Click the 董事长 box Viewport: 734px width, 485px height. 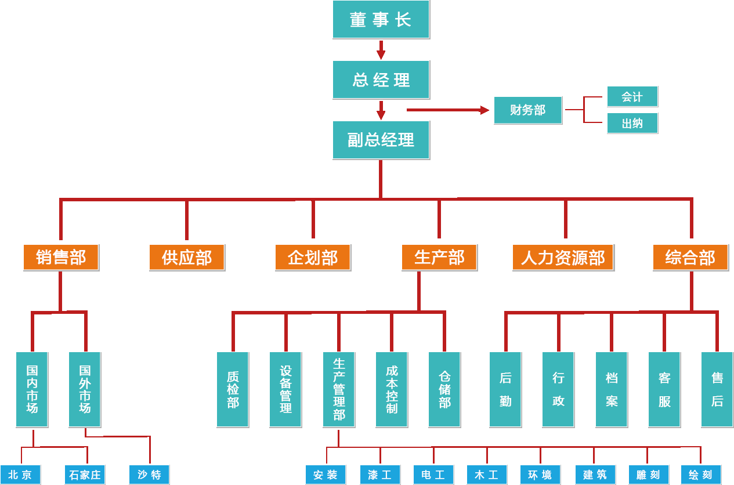point(381,20)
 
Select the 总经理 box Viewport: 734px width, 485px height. point(381,79)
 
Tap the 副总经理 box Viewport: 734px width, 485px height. point(381,140)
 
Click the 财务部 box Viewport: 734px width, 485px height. point(528,110)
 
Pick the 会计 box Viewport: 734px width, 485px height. point(632,97)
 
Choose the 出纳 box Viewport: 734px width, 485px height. point(632,124)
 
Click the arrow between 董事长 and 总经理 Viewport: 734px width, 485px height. point(381,50)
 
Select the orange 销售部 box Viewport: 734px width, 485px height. point(61,258)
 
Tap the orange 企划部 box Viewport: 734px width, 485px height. point(313,258)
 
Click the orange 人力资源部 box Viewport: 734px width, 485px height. point(563,258)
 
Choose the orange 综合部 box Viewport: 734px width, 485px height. point(690,258)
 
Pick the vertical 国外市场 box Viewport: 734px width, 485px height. point(85,389)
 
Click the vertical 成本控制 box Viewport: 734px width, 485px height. point(392,389)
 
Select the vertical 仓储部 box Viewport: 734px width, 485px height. point(444,389)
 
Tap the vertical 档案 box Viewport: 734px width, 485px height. point(612,389)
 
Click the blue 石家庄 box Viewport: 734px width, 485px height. point(85,475)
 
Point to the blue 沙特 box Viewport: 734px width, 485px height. point(149,475)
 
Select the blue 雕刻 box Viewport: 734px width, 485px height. point(648,475)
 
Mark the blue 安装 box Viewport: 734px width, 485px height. point(326,475)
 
